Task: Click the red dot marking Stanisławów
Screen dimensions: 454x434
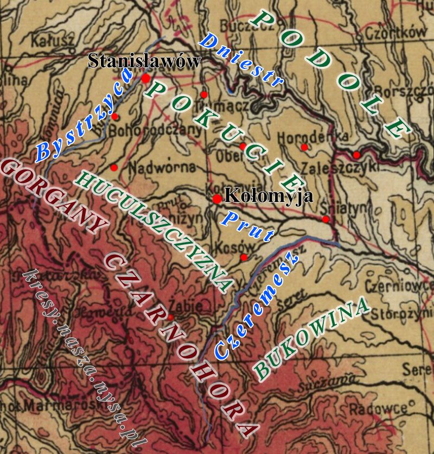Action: [x=145, y=79]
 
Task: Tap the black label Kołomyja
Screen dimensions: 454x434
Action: [x=269, y=196]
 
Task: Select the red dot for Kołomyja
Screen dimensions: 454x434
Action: [x=217, y=199]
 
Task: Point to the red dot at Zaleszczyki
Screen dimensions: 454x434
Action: [x=356, y=155]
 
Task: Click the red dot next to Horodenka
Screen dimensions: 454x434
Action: [x=304, y=147]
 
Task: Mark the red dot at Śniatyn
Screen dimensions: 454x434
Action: [x=325, y=219]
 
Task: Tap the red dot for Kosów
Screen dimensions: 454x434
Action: [x=244, y=257]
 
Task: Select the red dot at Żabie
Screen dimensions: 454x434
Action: [x=170, y=317]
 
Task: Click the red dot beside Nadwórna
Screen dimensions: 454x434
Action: [x=114, y=167]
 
